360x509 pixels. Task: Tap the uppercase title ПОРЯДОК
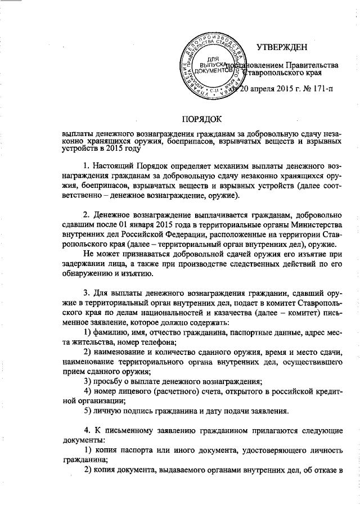(x=202, y=119)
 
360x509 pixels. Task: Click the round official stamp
(x=213, y=67)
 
